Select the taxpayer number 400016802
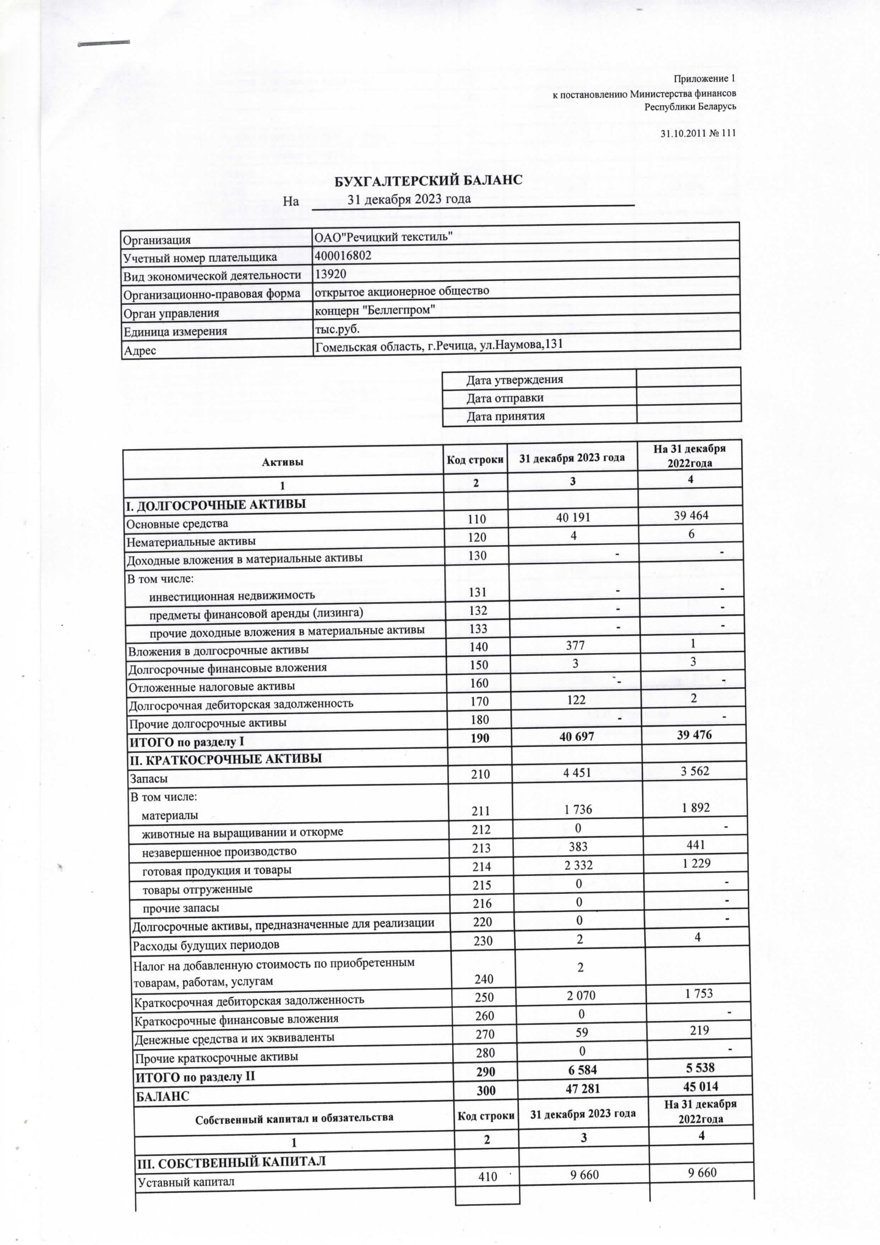click(343, 256)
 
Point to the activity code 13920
click(331, 274)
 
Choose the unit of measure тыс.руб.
click(337, 329)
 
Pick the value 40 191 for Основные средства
click(573, 518)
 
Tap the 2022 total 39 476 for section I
click(694, 735)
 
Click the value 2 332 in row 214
click(578, 865)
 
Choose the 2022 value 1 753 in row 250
click(698, 993)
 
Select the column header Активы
click(282, 463)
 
